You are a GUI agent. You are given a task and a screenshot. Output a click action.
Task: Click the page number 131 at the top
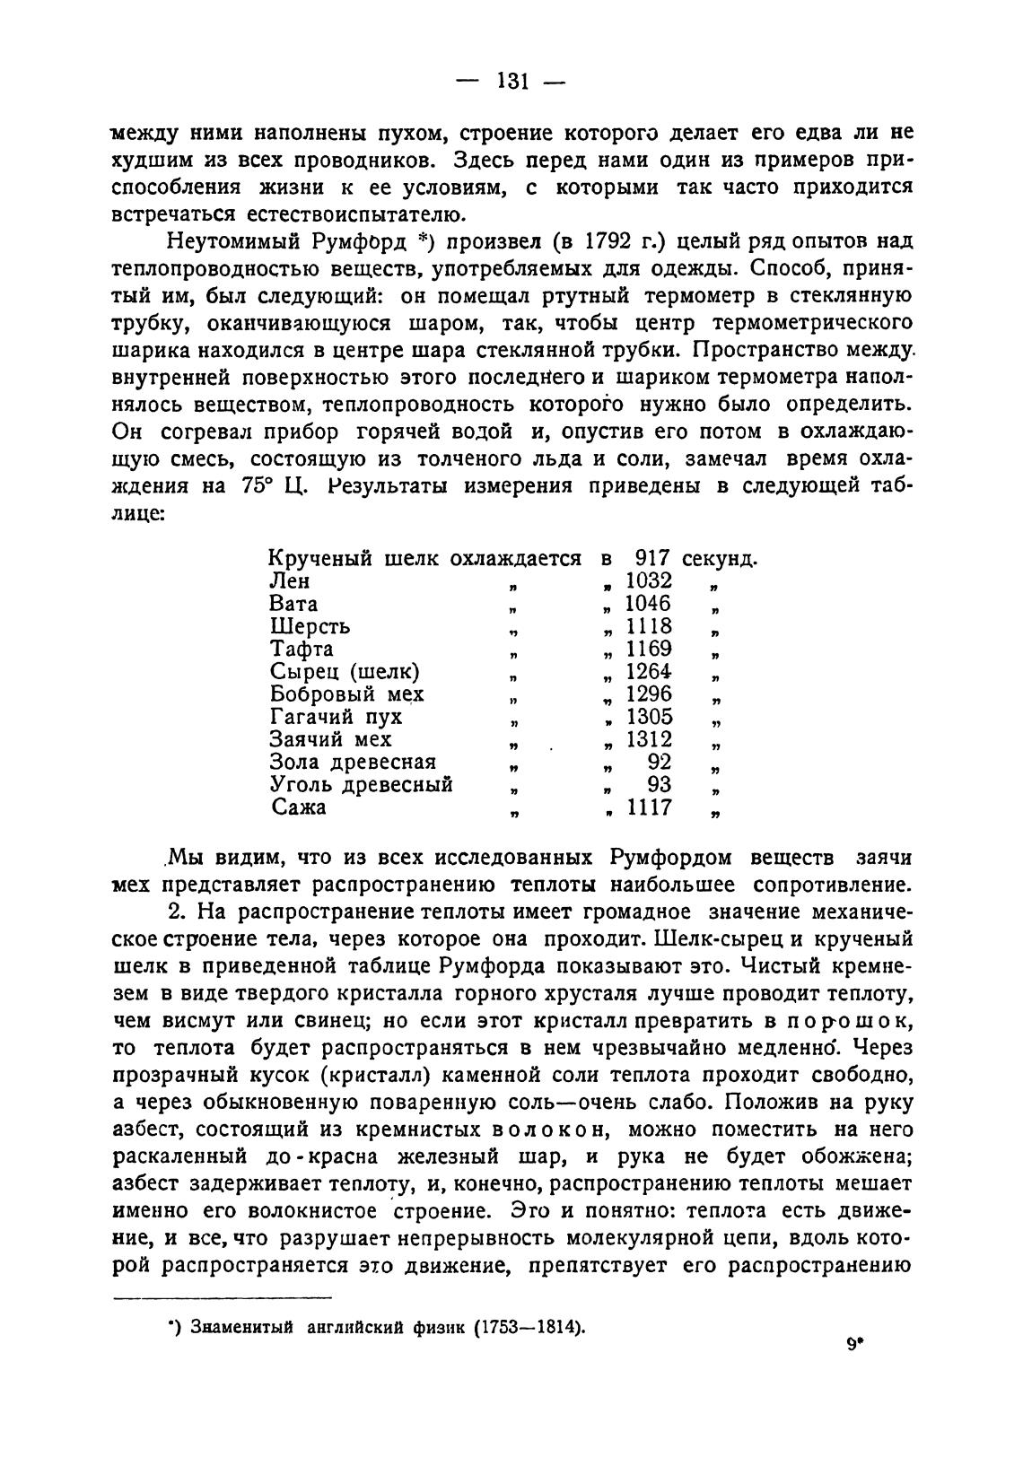click(510, 82)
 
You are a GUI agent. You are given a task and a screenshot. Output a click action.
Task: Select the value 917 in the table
click(651, 558)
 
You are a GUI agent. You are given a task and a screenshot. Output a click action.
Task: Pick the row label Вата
click(294, 604)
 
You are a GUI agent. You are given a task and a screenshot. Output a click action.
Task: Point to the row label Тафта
click(302, 649)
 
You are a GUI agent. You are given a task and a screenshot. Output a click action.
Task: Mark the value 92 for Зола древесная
click(659, 762)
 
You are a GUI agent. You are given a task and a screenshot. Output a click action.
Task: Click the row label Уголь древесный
click(362, 785)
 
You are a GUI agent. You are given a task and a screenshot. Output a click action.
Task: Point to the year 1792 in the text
click(613, 242)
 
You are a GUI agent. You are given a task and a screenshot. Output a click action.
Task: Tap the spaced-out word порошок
click(838, 1021)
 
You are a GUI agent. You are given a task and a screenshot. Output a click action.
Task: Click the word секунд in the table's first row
click(719, 558)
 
